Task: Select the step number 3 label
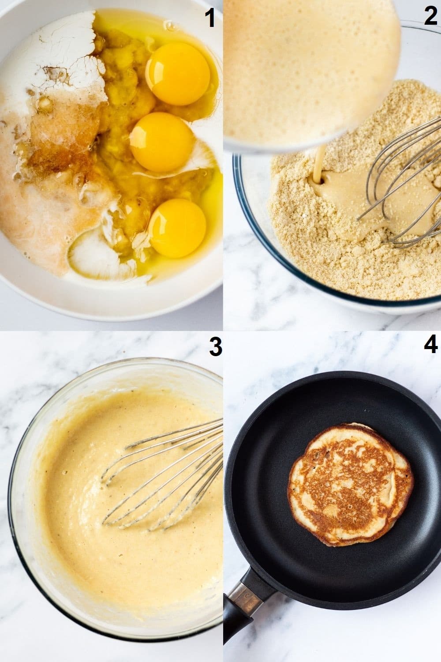coord(215,347)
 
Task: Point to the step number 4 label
coord(430,344)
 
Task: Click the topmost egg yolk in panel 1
coord(179,74)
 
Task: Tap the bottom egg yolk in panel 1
coord(177,227)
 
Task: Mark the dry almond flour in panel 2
coord(309,256)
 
